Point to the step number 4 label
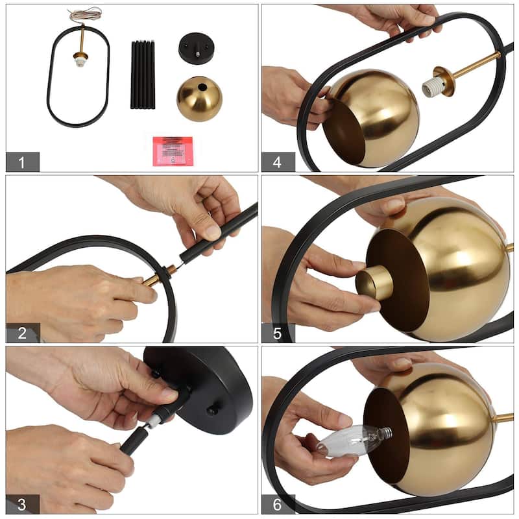click(278, 162)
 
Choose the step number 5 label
click(278, 333)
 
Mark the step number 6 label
click(278, 504)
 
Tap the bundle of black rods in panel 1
click(143, 75)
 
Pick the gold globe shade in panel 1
click(199, 99)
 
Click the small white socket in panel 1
click(80, 64)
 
